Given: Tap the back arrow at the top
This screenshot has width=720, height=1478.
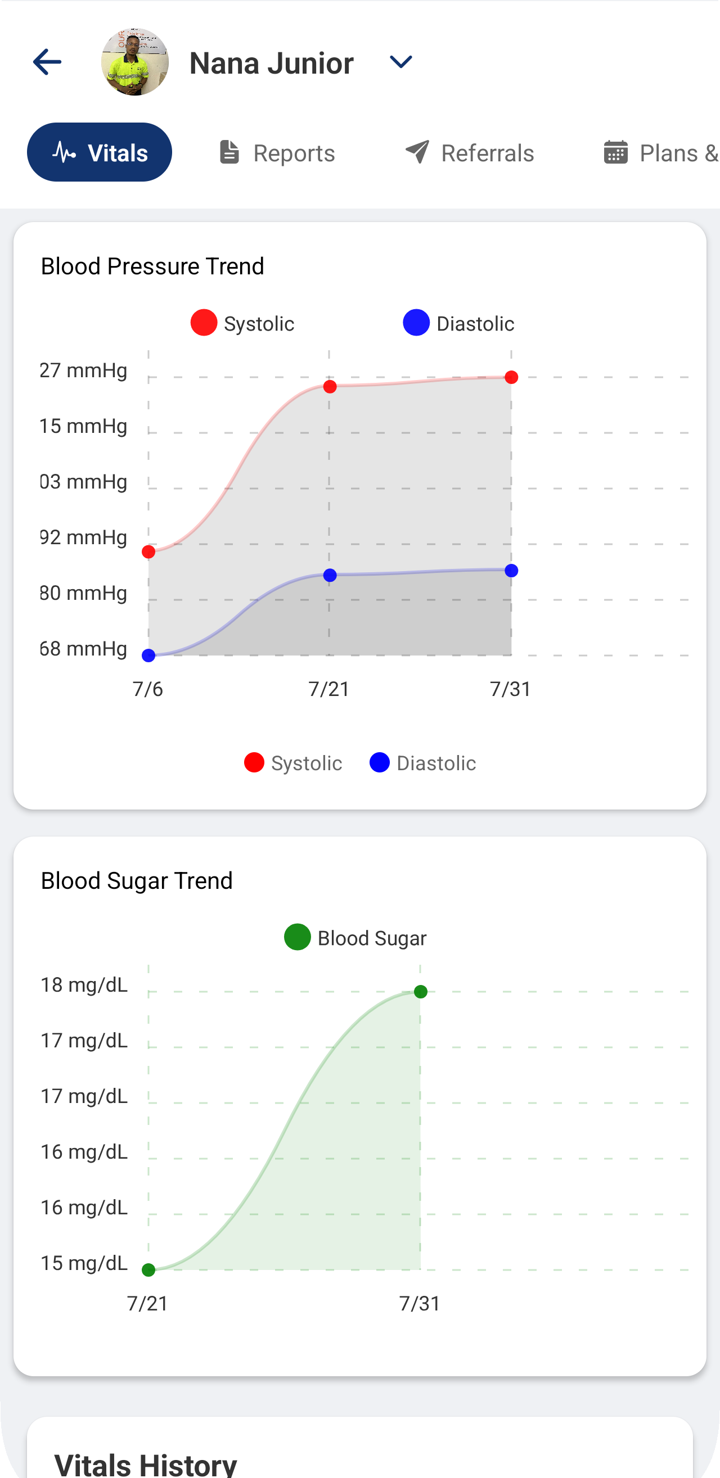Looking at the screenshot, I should click(x=47, y=62).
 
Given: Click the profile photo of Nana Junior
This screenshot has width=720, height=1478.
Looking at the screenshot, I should click(x=135, y=62).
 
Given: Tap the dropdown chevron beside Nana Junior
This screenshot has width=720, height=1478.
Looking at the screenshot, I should click(x=400, y=61).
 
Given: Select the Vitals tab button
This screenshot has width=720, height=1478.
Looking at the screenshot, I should click(x=100, y=152).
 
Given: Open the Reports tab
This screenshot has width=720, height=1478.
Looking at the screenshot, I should click(x=277, y=153).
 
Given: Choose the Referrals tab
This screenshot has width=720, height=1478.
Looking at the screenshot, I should click(x=470, y=153).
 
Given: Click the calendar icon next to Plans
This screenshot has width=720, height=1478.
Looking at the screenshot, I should click(x=615, y=152).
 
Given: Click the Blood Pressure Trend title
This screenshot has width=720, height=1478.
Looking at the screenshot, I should click(x=152, y=266).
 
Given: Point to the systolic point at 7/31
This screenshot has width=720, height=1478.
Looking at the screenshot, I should click(x=511, y=378).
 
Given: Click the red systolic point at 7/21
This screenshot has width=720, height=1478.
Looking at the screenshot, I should click(x=330, y=387).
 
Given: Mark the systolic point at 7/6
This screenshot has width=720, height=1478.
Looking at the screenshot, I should click(x=148, y=552).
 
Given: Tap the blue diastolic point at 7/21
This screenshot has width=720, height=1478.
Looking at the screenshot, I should click(x=330, y=576).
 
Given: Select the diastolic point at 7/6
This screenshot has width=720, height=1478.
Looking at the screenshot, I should click(x=148, y=655).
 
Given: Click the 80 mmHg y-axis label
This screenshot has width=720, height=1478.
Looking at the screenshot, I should click(x=83, y=593).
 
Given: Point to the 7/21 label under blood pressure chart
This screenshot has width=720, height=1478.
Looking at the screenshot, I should click(x=329, y=689).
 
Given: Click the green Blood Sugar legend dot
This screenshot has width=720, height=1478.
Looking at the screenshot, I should click(x=298, y=937).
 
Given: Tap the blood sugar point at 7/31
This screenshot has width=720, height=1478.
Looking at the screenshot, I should click(x=420, y=992).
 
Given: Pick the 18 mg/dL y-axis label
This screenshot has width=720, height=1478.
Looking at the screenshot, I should click(x=84, y=984).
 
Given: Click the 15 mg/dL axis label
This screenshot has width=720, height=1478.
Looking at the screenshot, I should click(x=84, y=1263).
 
